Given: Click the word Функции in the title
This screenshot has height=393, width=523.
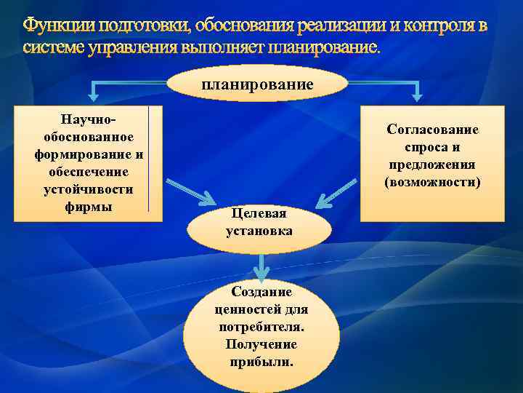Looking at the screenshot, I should (x=59, y=27).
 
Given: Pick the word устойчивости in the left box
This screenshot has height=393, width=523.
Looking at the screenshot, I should (x=89, y=189).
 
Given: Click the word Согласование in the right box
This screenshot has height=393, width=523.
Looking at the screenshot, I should (x=432, y=130).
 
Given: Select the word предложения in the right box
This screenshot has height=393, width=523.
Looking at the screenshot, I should (x=432, y=164).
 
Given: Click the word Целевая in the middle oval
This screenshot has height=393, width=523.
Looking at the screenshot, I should (x=259, y=213).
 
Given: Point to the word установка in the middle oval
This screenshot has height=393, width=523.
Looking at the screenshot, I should (x=259, y=231).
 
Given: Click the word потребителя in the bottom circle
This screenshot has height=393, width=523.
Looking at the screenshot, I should (x=261, y=327).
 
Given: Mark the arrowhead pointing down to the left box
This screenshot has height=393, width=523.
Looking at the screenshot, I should (x=94, y=95).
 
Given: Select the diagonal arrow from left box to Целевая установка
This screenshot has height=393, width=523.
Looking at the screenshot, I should (x=190, y=191).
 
